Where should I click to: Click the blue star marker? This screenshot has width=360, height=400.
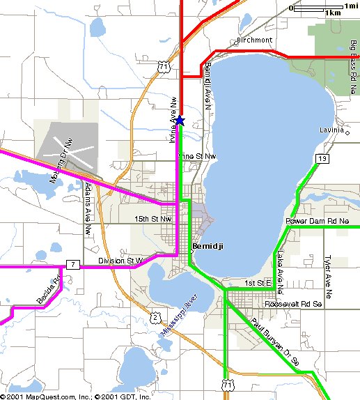click(x=180, y=121)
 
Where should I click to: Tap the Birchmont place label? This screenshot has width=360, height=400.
click(x=254, y=40)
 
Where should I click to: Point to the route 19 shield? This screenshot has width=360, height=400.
click(x=320, y=159)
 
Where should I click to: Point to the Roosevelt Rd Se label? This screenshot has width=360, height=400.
click(x=293, y=305)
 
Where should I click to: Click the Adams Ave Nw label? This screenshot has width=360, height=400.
click(x=88, y=208)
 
